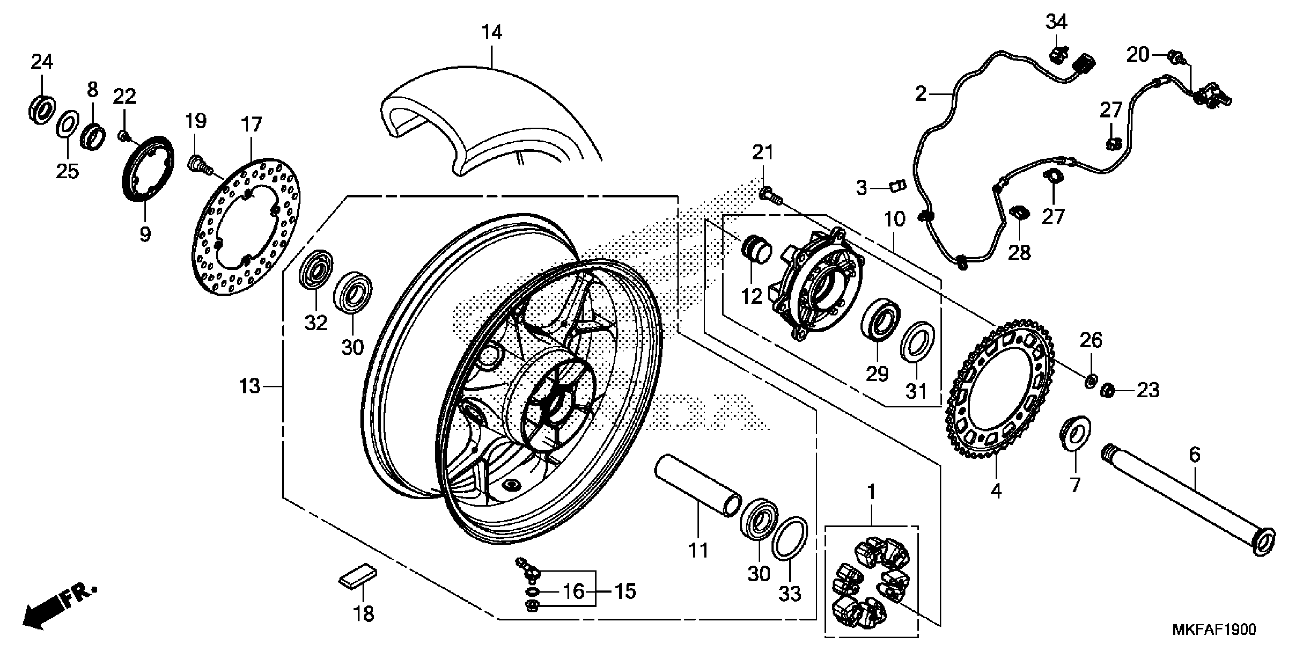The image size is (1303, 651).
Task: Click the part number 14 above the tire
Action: (491, 32)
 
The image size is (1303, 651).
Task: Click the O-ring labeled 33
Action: (789, 538)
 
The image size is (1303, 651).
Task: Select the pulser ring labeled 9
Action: (149, 170)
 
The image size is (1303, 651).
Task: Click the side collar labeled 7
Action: (1074, 433)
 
